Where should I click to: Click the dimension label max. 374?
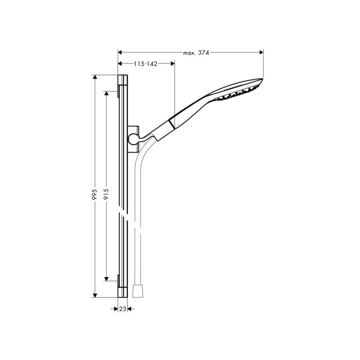coord(196,53)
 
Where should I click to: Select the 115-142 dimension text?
coord(145,64)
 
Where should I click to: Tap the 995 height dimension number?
coord(94,194)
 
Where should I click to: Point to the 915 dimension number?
coord(106,194)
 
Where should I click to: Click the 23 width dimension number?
coord(123,309)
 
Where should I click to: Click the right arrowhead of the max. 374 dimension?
coord(261,52)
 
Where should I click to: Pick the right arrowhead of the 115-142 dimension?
coord(173,63)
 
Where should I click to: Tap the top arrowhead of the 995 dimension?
coord(95,77)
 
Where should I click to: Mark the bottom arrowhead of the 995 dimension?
coord(95,296)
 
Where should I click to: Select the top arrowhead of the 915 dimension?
coord(106,93)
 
